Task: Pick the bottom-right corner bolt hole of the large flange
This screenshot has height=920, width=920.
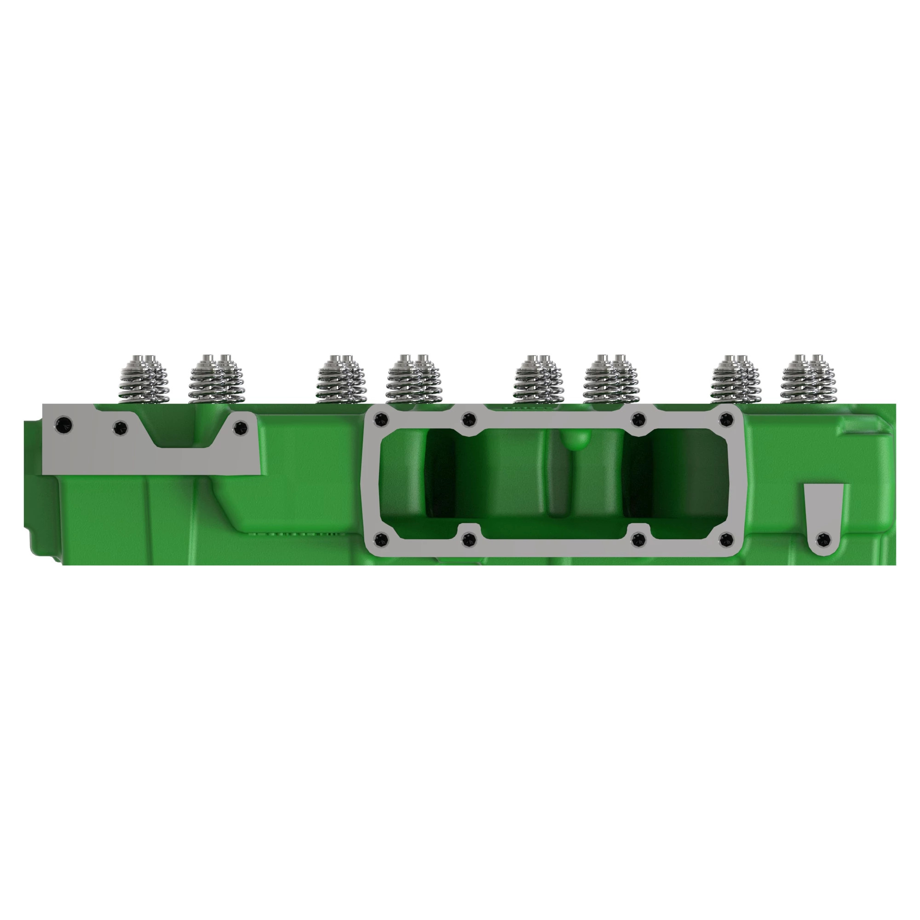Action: pyautogui.click(x=725, y=540)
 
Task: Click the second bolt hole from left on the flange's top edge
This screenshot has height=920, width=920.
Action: pyautogui.click(x=469, y=420)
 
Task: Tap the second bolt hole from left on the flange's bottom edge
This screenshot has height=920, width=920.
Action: pyautogui.click(x=469, y=540)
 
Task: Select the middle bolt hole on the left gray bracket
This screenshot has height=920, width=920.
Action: pyautogui.click(x=121, y=427)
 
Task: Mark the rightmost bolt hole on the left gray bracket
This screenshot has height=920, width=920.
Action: pyautogui.click(x=241, y=427)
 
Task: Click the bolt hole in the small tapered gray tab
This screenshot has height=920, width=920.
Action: pyautogui.click(x=823, y=540)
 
